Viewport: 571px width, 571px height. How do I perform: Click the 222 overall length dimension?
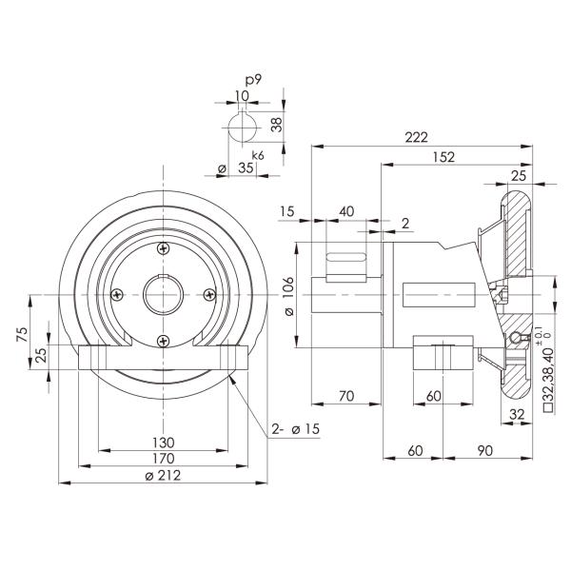(416, 138)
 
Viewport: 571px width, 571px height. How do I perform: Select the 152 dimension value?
(443, 157)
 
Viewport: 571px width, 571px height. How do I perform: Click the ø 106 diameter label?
(289, 296)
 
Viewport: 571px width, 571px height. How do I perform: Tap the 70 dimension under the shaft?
(345, 395)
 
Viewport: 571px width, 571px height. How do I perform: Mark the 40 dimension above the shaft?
(346, 210)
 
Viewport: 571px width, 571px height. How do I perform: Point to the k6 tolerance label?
(257, 154)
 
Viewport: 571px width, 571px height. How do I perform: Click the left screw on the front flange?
(118, 294)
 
